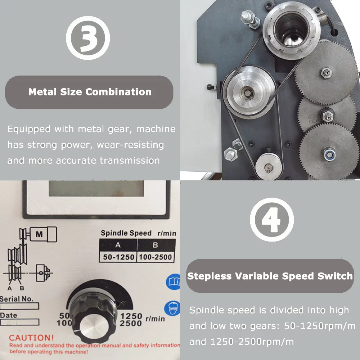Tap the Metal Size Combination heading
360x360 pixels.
pyautogui.click(x=90, y=92)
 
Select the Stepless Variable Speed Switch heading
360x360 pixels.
pyautogui.click(x=270, y=276)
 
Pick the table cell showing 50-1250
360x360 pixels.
pyautogui.click(x=117, y=257)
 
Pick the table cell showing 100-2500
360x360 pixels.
pyautogui.click(x=156, y=257)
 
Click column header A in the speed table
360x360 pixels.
pyautogui.click(x=117, y=246)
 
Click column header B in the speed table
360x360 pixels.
pyautogui.click(x=156, y=246)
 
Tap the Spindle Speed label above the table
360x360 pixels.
pyautogui.click(x=126, y=233)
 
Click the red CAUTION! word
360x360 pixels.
pyautogui.click(x=31, y=338)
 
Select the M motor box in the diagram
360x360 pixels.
pyautogui.click(x=40, y=234)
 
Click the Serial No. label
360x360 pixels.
pyautogui.click(x=17, y=299)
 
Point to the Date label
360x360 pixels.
pyautogui.click(x=9, y=315)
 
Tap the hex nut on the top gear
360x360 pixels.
pyautogui.click(x=325, y=73)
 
